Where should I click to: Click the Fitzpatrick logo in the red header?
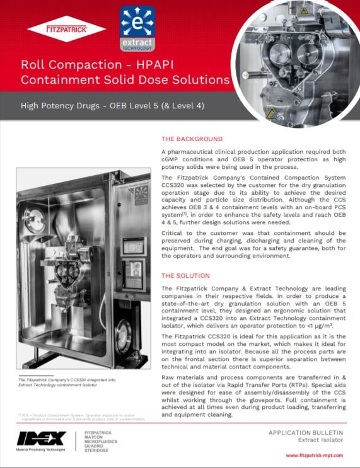[66, 28]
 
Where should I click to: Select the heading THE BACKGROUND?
[192, 139]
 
